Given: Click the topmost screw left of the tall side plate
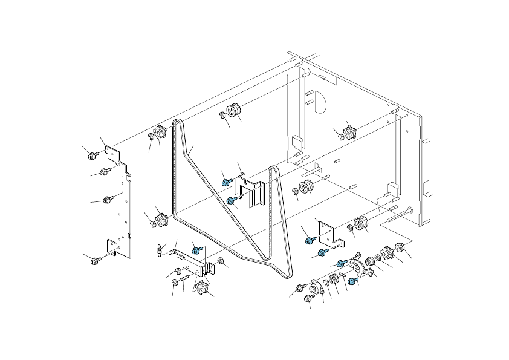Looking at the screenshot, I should pyautogui.click(x=92, y=156).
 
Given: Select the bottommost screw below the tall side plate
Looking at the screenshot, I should pyautogui.click(x=95, y=261).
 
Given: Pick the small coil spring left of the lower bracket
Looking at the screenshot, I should pyautogui.click(x=159, y=248).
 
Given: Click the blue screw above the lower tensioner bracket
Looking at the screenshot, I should pyautogui.click(x=196, y=249).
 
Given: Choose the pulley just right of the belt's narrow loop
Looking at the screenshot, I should pyautogui.click(x=306, y=186).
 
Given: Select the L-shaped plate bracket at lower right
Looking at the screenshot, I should pyautogui.click(x=330, y=233).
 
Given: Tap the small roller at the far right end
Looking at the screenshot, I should pyautogui.click(x=399, y=247).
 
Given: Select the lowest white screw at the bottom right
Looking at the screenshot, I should pyautogui.click(x=310, y=298).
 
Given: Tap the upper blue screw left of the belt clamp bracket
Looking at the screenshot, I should pyautogui.click(x=225, y=182).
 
